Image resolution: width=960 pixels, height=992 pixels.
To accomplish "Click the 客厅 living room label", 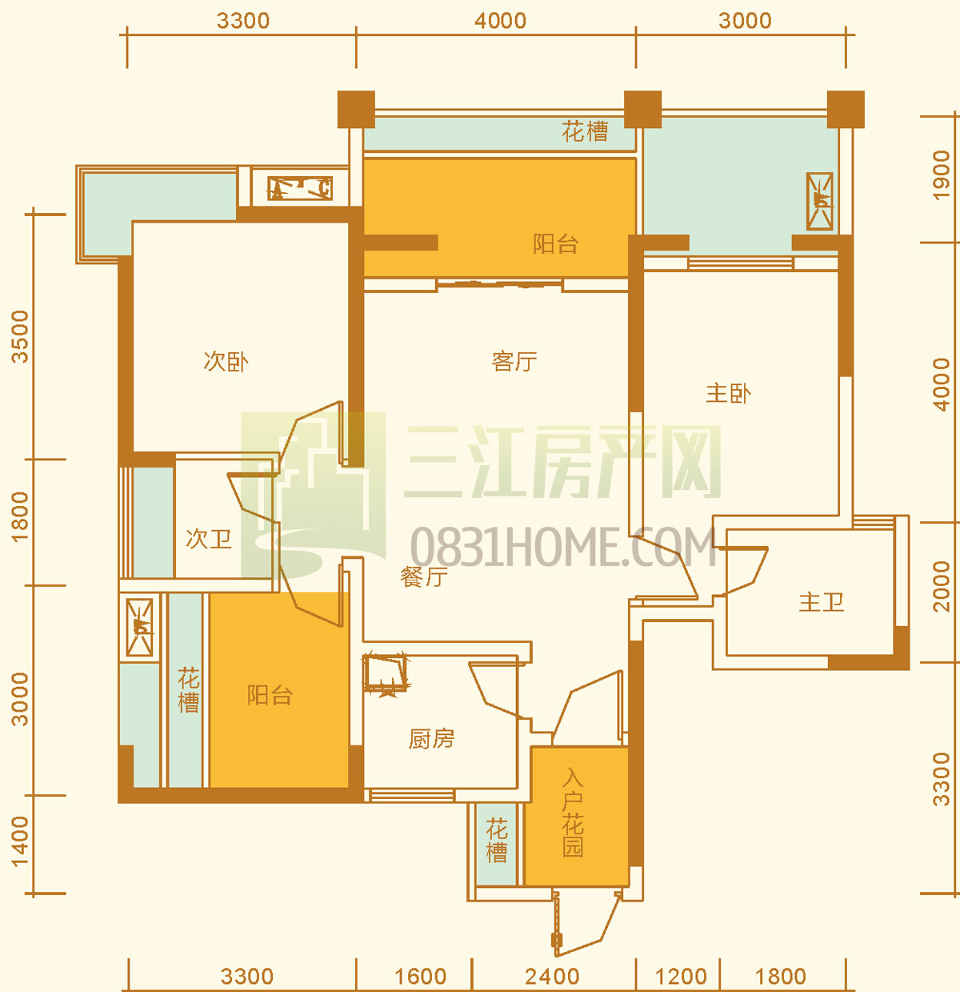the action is pos(514,361).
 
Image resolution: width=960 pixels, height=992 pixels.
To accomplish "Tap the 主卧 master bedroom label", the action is pos(728,393).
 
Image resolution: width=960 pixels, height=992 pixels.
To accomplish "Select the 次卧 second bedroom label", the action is pos(226,361).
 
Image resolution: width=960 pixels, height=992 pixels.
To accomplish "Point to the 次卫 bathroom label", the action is pos(208,538).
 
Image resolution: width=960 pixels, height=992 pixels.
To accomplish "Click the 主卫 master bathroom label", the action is pos(822,602).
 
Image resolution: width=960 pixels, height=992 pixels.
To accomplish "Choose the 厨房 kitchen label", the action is pos(431,739).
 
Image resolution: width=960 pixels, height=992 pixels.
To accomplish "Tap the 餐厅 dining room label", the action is pos(424,576).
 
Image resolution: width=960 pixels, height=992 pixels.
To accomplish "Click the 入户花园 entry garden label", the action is pos(573,814).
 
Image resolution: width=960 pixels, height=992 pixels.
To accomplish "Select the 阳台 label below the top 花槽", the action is pos(556,243).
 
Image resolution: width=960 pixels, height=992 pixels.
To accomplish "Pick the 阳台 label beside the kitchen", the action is pos(270,695).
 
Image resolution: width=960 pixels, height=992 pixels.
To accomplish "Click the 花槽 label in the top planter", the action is pos(585,131).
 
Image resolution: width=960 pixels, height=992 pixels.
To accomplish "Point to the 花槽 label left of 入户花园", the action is pos(497,841).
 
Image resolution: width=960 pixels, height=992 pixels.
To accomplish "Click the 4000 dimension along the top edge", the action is pos(500,21).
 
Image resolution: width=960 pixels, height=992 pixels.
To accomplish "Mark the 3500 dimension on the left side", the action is pos(20,336).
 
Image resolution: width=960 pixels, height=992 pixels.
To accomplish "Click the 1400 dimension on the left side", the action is pos(20,842).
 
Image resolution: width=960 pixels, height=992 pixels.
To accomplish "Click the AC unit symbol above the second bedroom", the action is pos(300,188).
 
